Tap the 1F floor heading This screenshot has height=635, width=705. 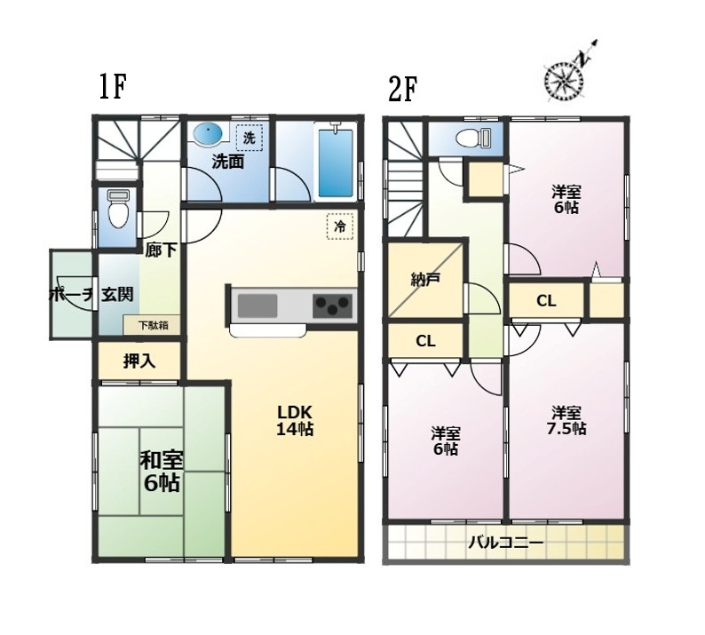111,87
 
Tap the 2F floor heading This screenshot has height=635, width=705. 402,89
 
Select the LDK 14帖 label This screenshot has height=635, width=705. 295,420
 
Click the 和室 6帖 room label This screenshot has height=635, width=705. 162,472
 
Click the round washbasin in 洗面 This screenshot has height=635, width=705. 207,133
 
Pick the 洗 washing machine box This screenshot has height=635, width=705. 250,138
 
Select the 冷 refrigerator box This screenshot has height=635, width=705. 340,226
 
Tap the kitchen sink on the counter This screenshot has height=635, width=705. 257,306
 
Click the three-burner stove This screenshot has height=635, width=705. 332,306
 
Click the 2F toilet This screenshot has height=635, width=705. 473,138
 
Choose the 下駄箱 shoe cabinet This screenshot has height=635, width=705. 153,325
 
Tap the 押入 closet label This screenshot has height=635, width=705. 139,361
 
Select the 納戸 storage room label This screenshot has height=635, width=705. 425,280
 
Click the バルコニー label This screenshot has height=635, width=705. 506,543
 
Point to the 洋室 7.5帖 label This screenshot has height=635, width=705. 566,420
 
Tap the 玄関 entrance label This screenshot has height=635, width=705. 117,295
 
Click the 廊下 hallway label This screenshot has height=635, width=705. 161,250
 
